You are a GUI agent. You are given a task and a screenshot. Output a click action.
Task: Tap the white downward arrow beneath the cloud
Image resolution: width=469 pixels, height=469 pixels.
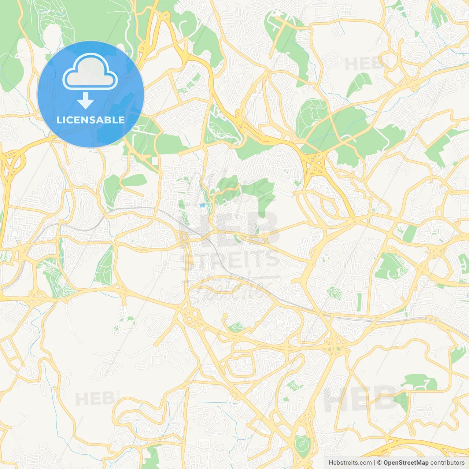[85, 101]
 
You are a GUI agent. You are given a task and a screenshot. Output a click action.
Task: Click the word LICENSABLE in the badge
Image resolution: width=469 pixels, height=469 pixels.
[91, 120]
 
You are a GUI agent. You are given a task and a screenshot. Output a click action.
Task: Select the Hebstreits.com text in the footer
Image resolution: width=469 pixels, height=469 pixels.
[350, 463]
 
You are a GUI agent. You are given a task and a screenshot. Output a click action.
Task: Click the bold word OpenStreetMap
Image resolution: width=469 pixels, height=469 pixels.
[406, 463]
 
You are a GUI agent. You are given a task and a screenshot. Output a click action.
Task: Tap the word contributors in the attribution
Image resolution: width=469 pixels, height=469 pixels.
[447, 463]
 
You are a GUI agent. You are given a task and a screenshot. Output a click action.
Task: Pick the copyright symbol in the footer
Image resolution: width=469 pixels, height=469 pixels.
[379, 463]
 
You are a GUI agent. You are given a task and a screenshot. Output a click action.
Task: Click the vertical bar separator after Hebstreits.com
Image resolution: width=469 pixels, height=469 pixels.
[374, 463]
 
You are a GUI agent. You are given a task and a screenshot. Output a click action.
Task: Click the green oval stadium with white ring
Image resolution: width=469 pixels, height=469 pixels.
[302, 444]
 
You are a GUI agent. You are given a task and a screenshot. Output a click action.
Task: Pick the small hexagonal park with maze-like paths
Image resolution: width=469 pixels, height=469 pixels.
[334, 293]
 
